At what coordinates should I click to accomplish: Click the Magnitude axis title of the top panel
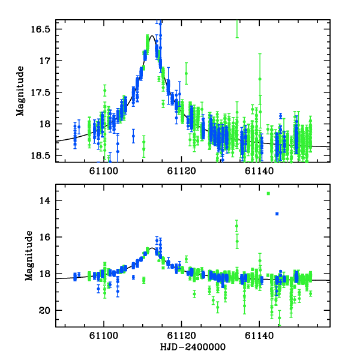20,91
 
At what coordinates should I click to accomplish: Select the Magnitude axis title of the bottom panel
28,256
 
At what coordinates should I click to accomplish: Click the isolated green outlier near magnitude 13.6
268,193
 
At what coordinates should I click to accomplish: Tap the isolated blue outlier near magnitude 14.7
277,214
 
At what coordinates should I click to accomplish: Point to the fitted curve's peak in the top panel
153,36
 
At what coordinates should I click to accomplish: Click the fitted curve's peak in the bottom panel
153,248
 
